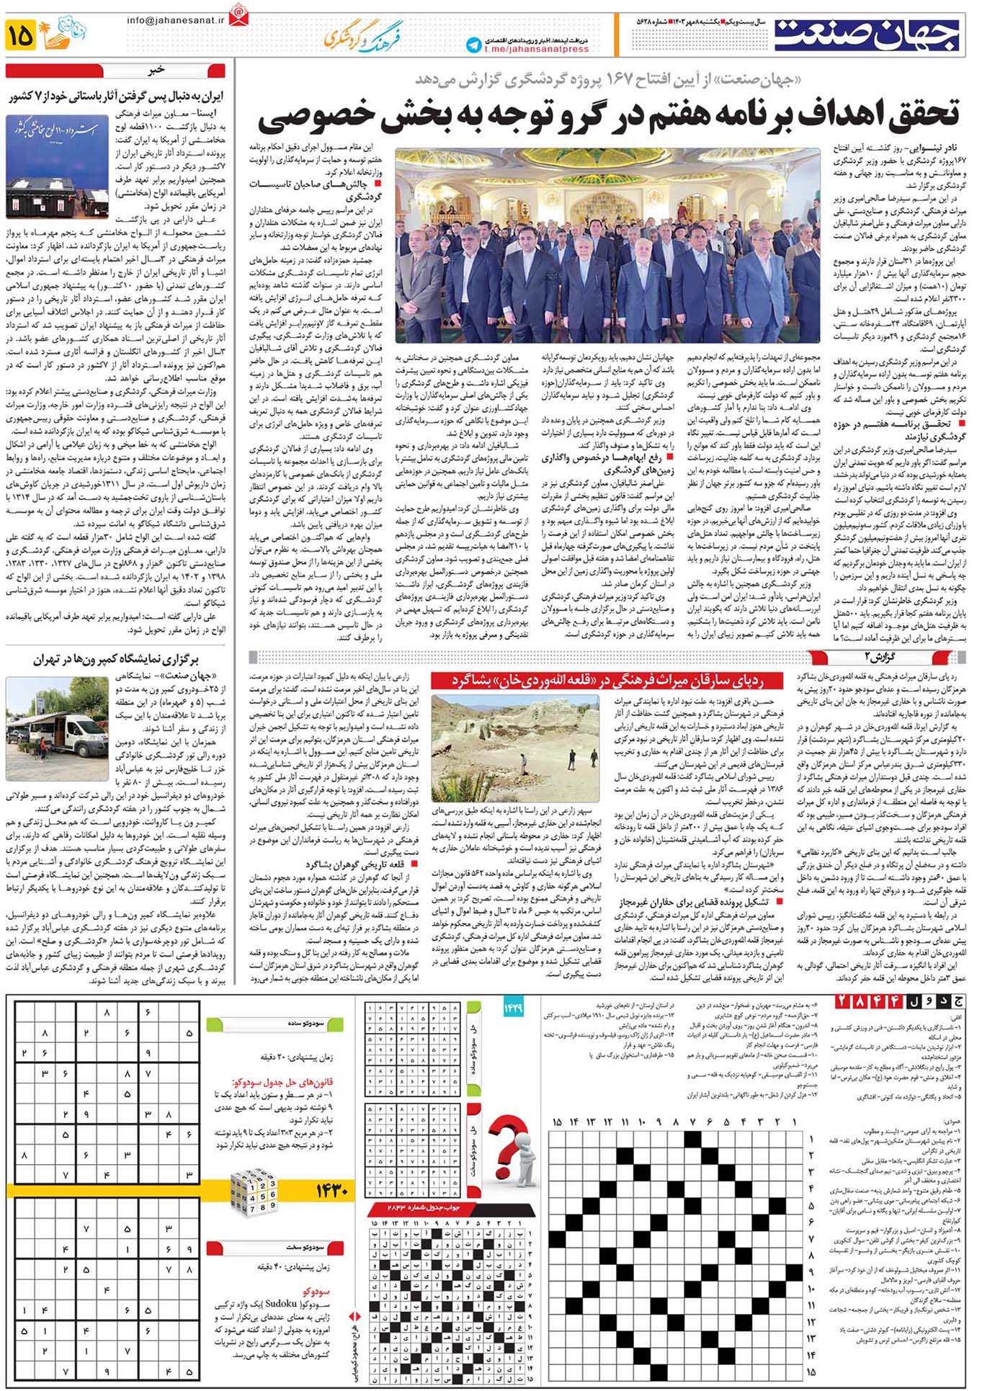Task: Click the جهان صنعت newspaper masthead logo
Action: click(x=867, y=35)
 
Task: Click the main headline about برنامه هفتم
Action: click(x=609, y=116)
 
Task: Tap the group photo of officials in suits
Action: click(x=607, y=249)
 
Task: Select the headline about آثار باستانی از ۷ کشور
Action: click(x=116, y=96)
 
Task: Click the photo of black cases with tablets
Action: click(x=57, y=166)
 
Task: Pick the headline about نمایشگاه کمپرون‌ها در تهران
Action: click(x=115, y=658)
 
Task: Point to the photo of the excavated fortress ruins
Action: click(x=515, y=747)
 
